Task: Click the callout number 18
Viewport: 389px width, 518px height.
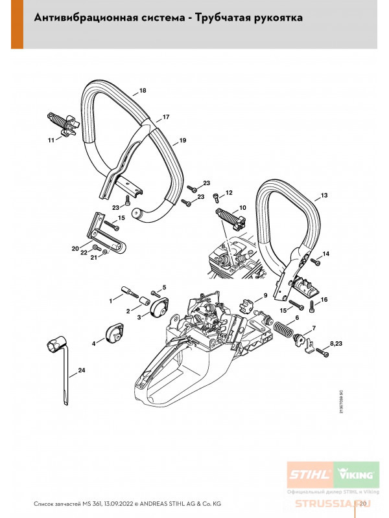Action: coord(143,90)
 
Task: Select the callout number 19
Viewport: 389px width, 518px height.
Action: coord(183,141)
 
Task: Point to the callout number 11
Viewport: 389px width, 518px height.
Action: coord(51,139)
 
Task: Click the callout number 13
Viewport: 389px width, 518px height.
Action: coord(324,195)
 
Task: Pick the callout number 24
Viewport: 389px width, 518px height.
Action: coord(81,370)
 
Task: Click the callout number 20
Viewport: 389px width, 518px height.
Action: coord(75,248)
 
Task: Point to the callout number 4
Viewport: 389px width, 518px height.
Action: coord(93,343)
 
